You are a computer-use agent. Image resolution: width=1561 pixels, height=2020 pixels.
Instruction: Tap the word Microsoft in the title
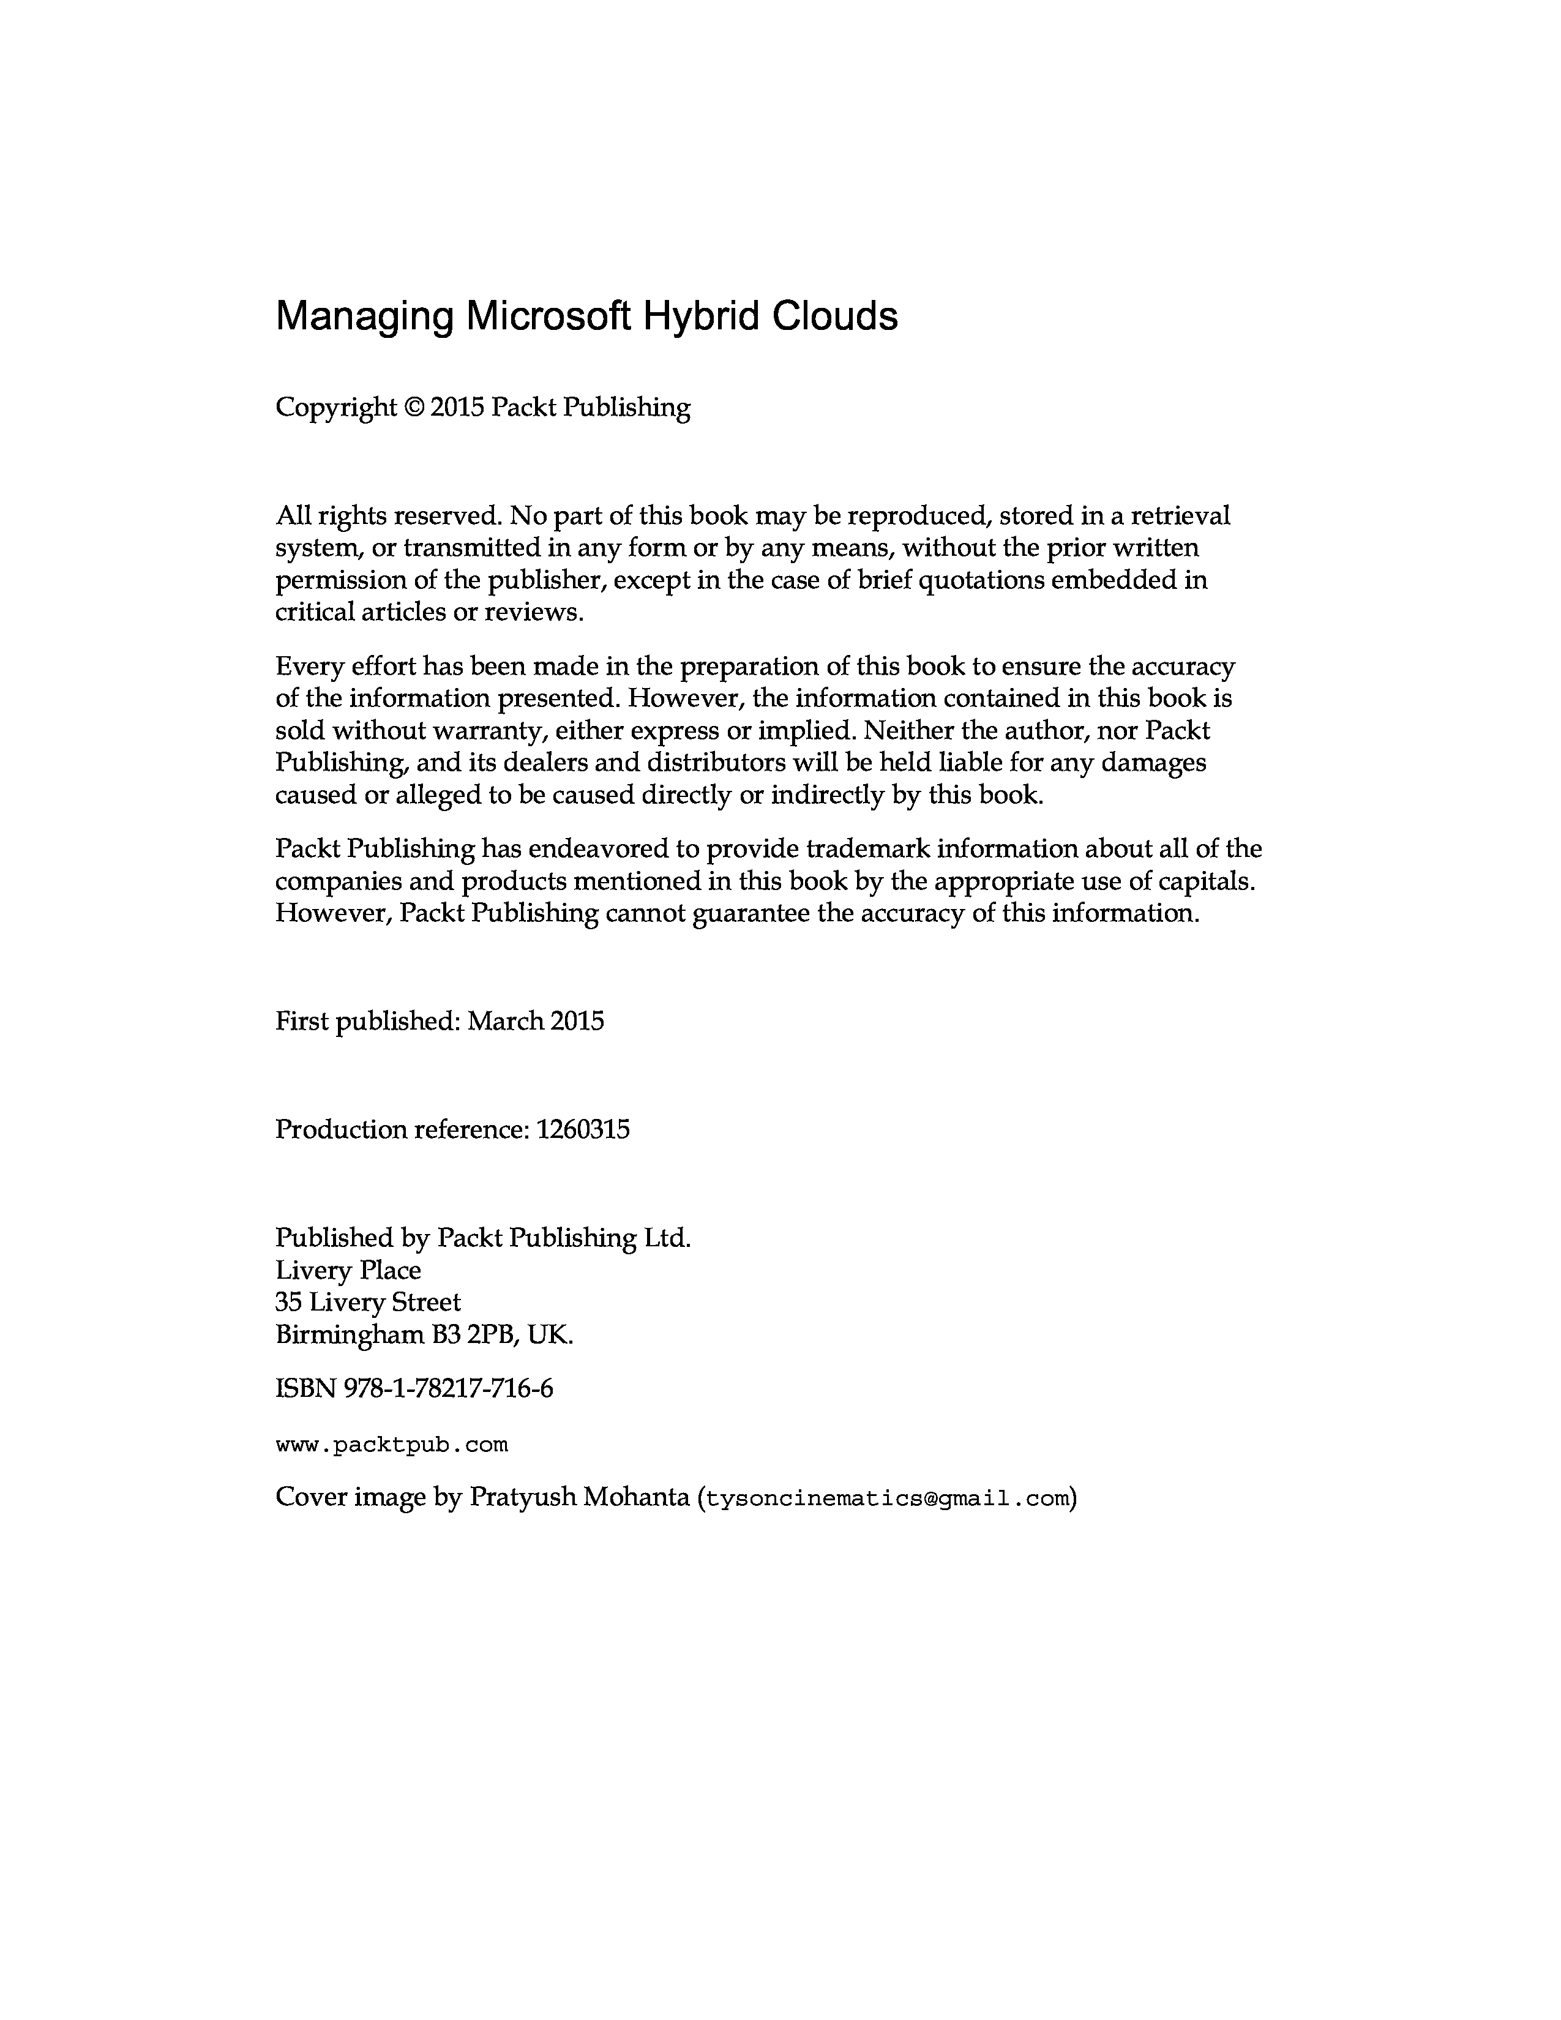point(545,316)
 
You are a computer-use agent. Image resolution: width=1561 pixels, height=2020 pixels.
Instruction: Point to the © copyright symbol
point(413,408)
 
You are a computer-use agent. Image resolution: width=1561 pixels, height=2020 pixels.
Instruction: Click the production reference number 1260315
point(583,1129)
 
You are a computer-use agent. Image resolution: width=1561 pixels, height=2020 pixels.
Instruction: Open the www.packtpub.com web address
point(392,1445)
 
